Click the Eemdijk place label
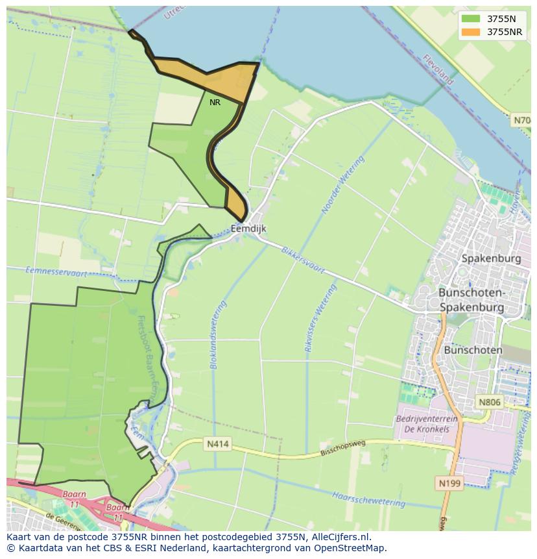coord(248,229)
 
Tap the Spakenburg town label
coord(491,258)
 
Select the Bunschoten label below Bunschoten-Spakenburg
coord(473,350)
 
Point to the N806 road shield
coord(490,403)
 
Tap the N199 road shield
coord(447,484)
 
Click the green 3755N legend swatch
coord(471,19)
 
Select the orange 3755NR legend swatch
coord(471,32)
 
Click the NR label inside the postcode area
coord(215,102)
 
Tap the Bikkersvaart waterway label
coord(303,260)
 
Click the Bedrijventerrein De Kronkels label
coord(426,424)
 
